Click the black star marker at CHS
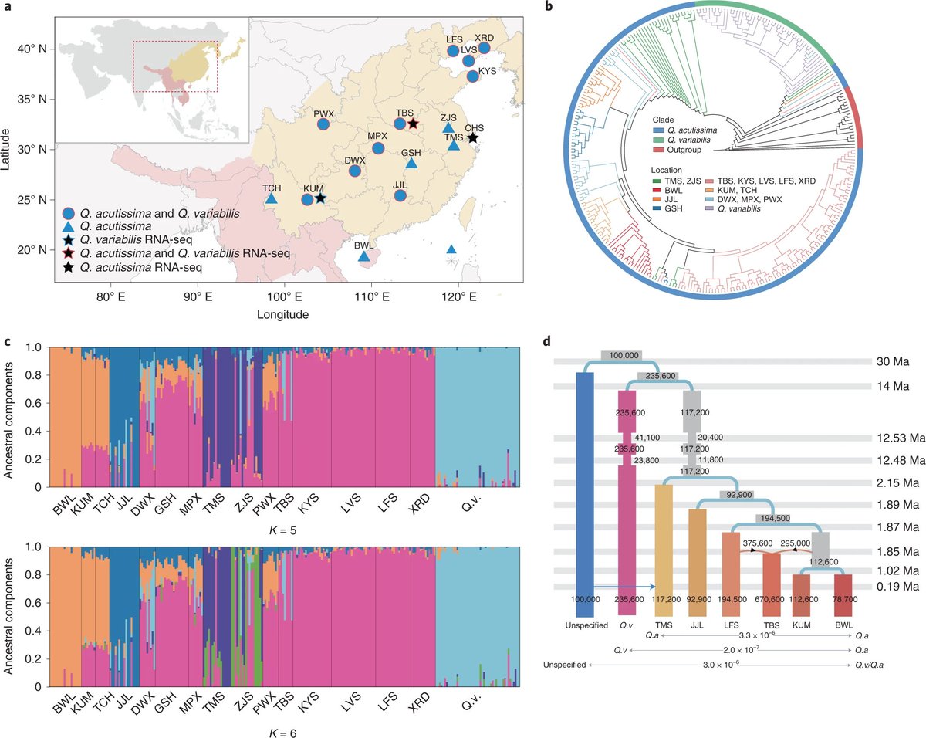[x=472, y=137]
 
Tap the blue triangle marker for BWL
[x=363, y=256]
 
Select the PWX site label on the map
[x=323, y=113]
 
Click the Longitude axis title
[x=283, y=314]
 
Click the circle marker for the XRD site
[x=485, y=48]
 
